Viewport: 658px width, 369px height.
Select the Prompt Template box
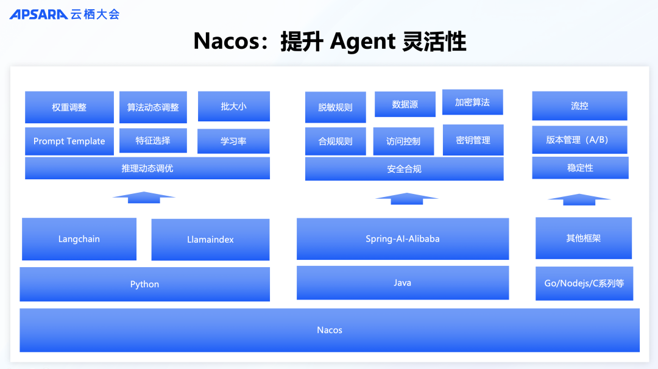coord(69,141)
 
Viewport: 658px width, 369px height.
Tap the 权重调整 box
coord(69,107)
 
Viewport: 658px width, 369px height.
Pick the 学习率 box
coord(233,141)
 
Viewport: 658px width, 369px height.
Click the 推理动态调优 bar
coord(147,168)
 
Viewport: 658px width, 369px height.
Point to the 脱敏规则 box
coord(335,107)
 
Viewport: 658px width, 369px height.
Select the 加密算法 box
coord(472,102)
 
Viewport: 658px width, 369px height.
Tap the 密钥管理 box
coord(473,140)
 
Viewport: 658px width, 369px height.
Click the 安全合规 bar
coord(404,169)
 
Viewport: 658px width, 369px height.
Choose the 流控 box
coord(579,106)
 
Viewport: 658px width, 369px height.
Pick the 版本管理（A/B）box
coord(579,140)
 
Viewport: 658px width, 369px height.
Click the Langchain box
coord(79,239)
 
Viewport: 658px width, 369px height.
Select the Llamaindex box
coord(210,240)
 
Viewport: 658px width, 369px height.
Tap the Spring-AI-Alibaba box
coord(402,238)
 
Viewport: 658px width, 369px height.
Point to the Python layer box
coord(144,284)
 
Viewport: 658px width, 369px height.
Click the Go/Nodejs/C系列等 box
coord(584,284)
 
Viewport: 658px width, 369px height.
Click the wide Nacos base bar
coord(330,330)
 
